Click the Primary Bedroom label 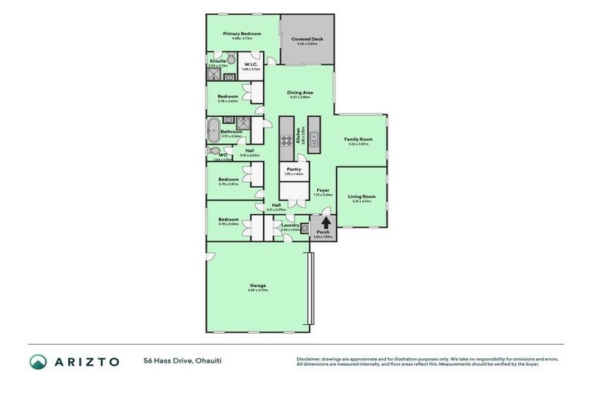241,34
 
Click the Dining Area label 299,92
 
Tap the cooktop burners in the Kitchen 286,140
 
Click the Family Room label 360,139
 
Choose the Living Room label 362,196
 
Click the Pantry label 293,169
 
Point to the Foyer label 323,189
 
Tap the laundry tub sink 306,228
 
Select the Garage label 258,285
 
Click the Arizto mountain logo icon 38,362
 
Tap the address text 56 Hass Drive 168,361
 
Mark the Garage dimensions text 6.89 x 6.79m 258,291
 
